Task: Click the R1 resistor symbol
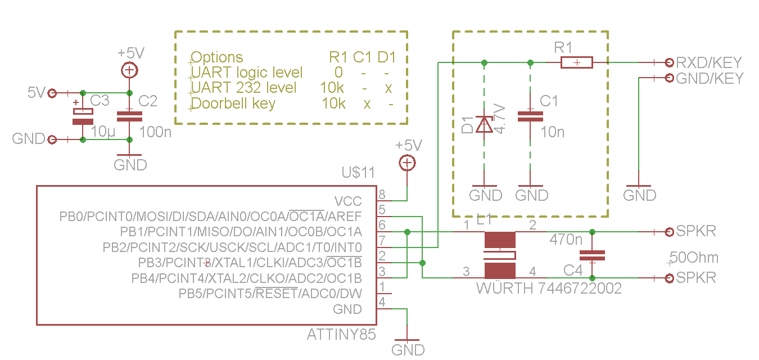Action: click(x=576, y=62)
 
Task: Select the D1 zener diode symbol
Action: click(x=484, y=124)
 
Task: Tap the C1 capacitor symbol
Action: click(x=530, y=116)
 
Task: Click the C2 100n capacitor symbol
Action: click(x=129, y=116)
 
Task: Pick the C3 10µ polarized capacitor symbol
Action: click(x=83, y=116)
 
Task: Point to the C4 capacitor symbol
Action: click(x=592, y=255)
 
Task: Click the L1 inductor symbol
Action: click(x=500, y=255)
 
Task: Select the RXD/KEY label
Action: click(x=709, y=62)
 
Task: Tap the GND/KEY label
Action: click(x=710, y=78)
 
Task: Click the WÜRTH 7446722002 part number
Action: click(x=549, y=289)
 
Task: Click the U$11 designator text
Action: click(x=358, y=173)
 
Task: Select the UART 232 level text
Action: click(x=243, y=88)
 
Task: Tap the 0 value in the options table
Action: click(x=338, y=73)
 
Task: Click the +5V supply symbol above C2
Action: click(x=129, y=70)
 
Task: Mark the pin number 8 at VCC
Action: click(x=382, y=195)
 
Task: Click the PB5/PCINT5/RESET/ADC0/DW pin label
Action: click(x=270, y=294)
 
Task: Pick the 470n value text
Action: click(x=566, y=240)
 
